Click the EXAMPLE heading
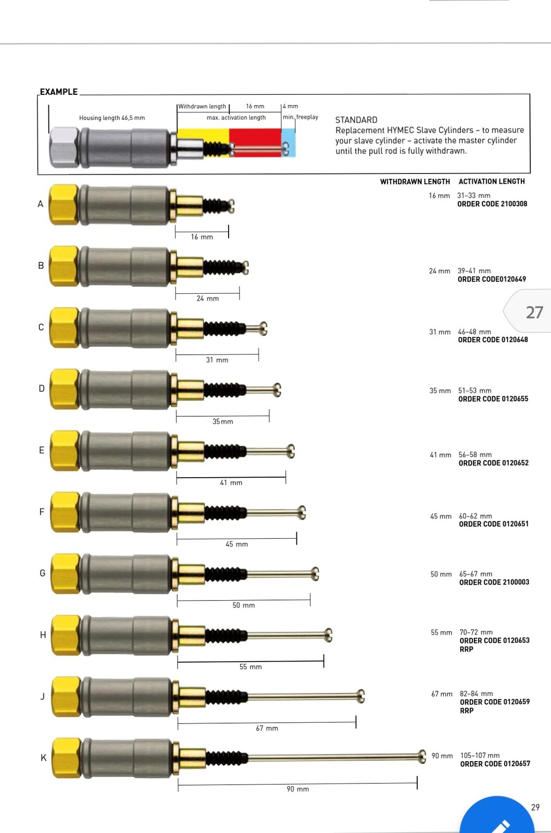58,92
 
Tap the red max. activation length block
255,142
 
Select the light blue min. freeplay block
289,142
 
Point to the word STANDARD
356,120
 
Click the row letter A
41,204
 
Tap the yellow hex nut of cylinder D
65,389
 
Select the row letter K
44,757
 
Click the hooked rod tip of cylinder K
422,756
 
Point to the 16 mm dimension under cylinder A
202,237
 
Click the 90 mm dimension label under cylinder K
298,789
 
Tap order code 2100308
492,204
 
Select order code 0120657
495,764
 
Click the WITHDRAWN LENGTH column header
415,182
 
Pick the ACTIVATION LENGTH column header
492,182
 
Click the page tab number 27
534,312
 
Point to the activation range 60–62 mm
475,516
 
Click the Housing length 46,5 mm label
112,118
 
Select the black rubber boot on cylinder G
226,574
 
